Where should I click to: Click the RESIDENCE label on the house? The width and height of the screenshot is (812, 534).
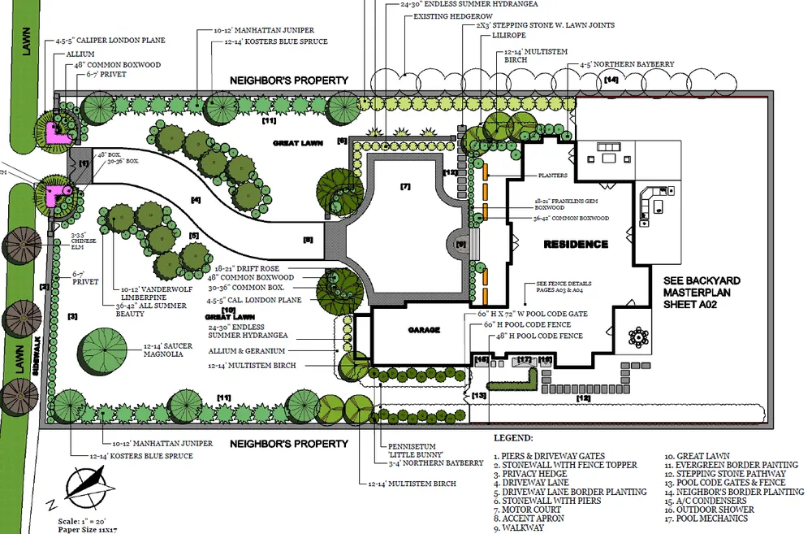click(x=576, y=244)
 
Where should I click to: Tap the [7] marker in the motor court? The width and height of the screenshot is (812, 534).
click(x=406, y=187)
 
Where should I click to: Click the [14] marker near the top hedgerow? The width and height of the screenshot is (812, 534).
click(x=611, y=80)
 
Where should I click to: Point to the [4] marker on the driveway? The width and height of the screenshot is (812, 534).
click(x=196, y=199)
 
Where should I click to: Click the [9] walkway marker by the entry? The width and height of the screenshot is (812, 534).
click(x=461, y=243)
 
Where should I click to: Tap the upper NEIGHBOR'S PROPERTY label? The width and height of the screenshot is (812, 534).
click(x=288, y=80)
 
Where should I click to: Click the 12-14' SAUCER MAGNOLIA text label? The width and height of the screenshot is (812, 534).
click(x=169, y=350)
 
